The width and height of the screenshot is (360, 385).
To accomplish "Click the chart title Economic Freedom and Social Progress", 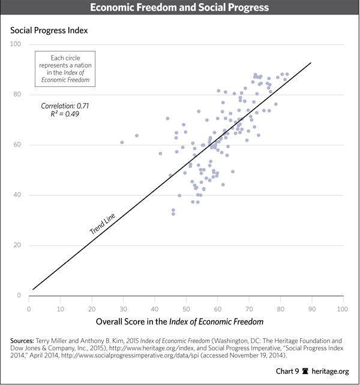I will [179, 8].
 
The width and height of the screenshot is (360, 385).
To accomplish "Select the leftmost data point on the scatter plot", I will [122, 142].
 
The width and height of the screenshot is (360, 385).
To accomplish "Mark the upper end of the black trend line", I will [311, 62].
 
